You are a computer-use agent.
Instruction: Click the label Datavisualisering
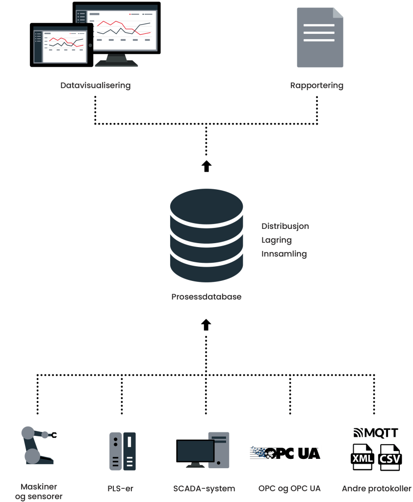pyautogui.click(x=96, y=85)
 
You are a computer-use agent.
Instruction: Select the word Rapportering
pyautogui.click(x=316, y=85)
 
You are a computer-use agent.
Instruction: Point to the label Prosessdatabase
pyautogui.click(x=206, y=297)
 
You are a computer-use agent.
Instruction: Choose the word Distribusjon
pyautogui.click(x=285, y=226)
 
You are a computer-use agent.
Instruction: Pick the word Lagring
pyautogui.click(x=277, y=240)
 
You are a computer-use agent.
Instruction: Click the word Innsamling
pyautogui.click(x=284, y=254)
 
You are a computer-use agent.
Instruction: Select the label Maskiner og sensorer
pyautogui.click(x=39, y=492)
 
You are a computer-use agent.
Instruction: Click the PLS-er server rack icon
pyautogui.click(x=122, y=451)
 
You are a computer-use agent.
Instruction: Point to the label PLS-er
pyautogui.click(x=121, y=488)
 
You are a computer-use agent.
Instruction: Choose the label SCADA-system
pyautogui.click(x=204, y=488)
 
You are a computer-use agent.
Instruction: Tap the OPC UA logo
pyautogui.click(x=285, y=453)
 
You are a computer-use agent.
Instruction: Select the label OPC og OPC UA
pyautogui.click(x=289, y=488)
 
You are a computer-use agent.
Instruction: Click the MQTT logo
pyautogui.click(x=376, y=433)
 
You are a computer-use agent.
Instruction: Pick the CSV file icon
pyautogui.click(x=390, y=458)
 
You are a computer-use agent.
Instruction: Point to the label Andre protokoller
pyautogui.click(x=377, y=488)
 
